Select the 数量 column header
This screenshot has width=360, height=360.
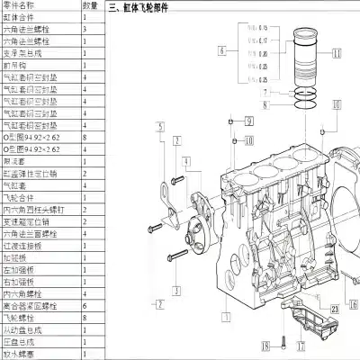click(90, 5)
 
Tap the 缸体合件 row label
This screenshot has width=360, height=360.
click(22, 17)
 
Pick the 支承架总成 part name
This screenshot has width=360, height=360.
click(24, 52)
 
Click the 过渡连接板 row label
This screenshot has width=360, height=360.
click(24, 243)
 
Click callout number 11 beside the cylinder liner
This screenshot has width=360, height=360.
click(337, 53)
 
